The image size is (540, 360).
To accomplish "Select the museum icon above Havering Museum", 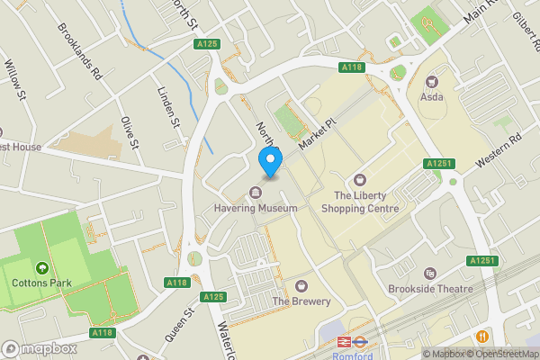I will [256, 193].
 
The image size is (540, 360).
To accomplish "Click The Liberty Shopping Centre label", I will [365, 202].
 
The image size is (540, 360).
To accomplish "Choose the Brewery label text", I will [301, 301].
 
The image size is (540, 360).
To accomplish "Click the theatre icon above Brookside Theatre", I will [430, 274].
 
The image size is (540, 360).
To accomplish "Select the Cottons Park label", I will [41, 283].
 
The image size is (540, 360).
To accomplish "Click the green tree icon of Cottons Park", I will [41, 267].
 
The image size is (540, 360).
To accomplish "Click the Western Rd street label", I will [499, 150].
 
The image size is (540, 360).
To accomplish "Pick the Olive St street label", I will [129, 131].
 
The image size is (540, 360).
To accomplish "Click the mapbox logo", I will [39, 347].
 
